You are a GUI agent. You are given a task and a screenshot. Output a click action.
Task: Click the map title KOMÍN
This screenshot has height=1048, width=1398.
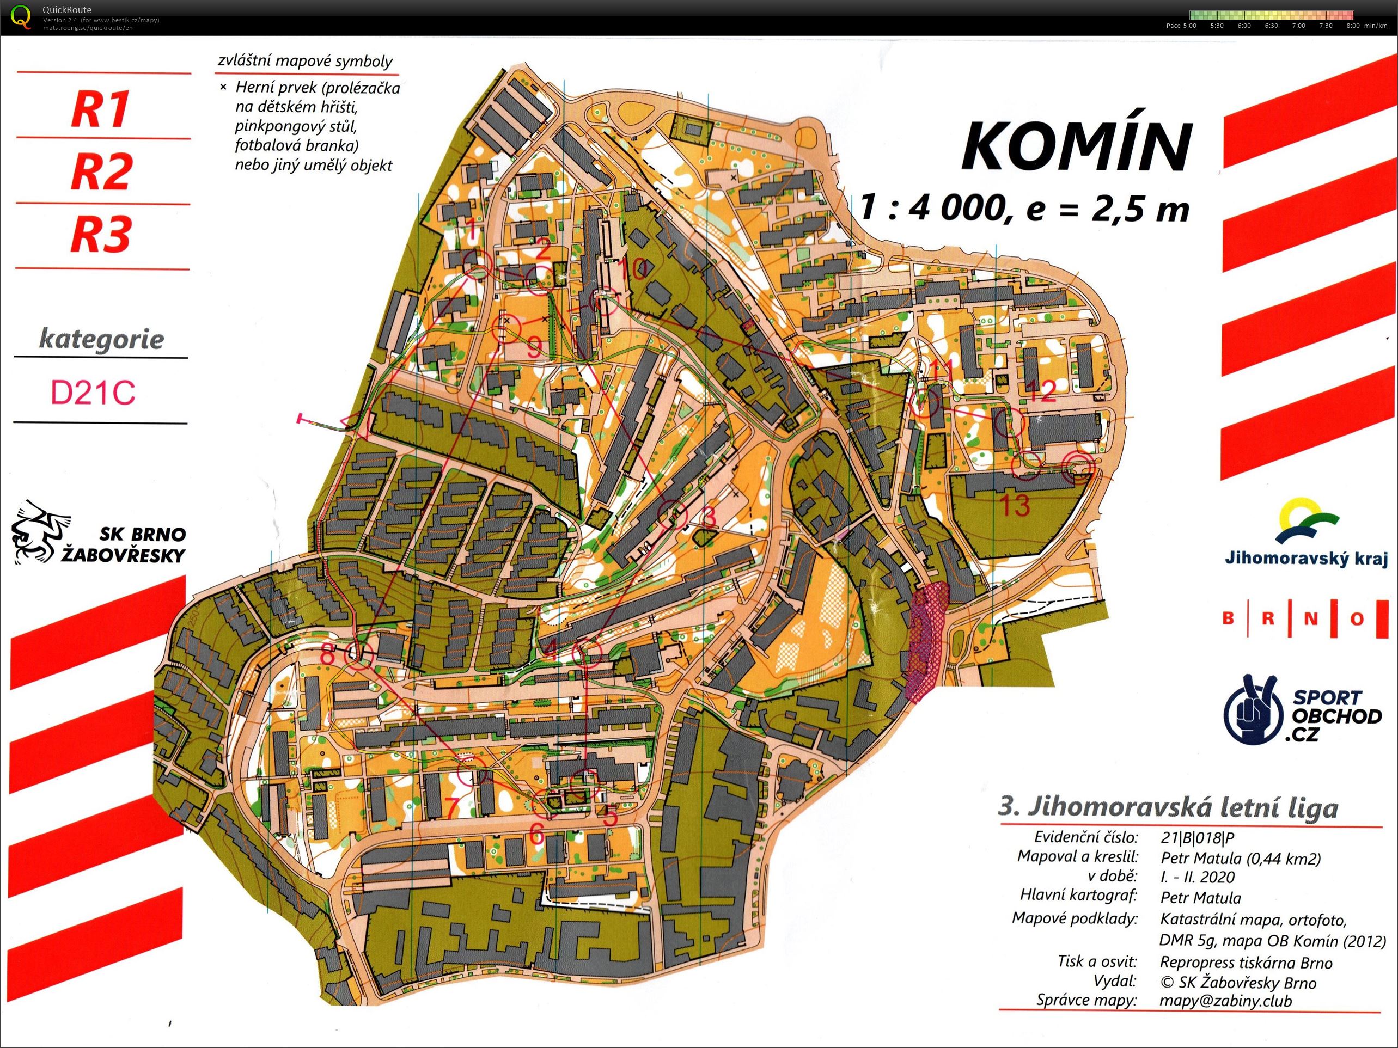[1076, 146]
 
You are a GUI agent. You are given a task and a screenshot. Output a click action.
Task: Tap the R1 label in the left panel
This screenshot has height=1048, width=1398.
[101, 109]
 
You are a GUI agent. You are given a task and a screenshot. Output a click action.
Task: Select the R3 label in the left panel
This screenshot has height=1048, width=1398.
[101, 234]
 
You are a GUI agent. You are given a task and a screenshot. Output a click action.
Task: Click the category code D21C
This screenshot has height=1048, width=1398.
[93, 393]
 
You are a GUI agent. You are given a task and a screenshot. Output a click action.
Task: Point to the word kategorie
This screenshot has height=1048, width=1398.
[101, 339]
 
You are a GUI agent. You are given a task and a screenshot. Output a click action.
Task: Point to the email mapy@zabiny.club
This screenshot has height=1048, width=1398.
[1225, 1001]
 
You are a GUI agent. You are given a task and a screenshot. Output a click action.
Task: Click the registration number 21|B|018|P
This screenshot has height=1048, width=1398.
[1197, 838]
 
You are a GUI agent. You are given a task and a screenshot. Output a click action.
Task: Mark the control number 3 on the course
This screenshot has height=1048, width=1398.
[709, 518]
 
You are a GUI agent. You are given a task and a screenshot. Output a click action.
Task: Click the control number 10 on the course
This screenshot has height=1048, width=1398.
[634, 269]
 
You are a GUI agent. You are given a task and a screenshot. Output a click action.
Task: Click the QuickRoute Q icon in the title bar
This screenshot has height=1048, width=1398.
[21, 16]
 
